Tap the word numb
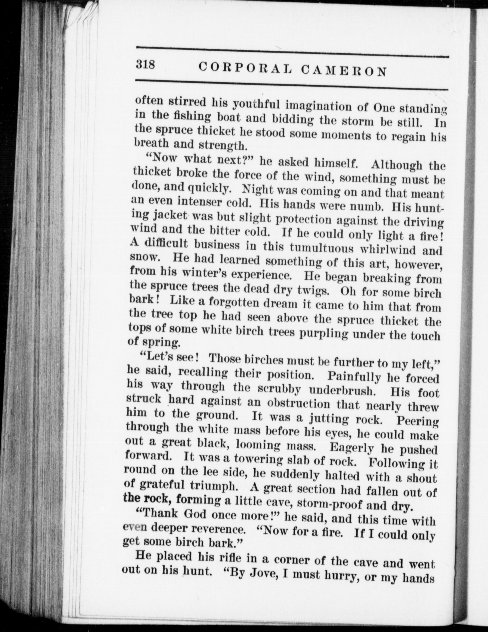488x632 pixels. pyautogui.click(x=365, y=206)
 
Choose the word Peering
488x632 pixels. pyautogui.click(x=417, y=421)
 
